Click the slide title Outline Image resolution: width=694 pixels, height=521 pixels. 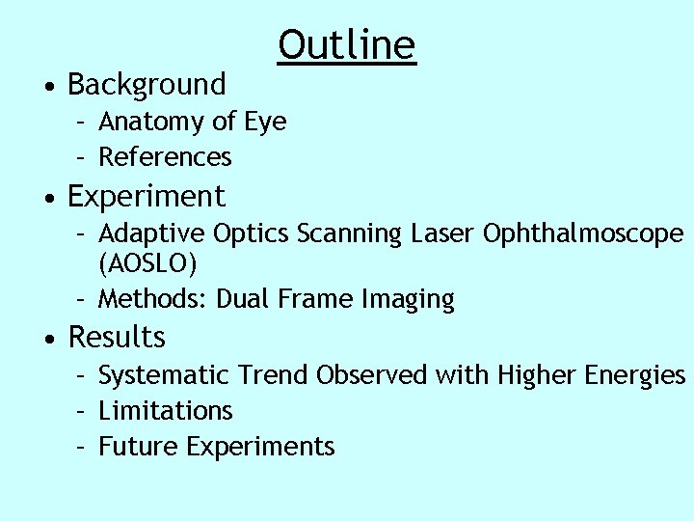pyautogui.click(x=347, y=44)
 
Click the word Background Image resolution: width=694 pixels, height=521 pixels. pyautogui.click(x=147, y=85)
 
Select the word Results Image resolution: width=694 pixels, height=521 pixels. pyautogui.click(x=117, y=338)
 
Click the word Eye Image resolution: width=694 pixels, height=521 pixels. pyautogui.click(x=265, y=123)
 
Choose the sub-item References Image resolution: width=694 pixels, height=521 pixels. pyautogui.click(x=165, y=156)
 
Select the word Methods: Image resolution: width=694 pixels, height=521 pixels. pyautogui.click(x=154, y=299)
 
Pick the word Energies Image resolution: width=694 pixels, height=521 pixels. pyautogui.click(x=636, y=375)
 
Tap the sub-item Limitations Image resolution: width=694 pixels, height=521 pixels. pyautogui.click(x=165, y=411)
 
